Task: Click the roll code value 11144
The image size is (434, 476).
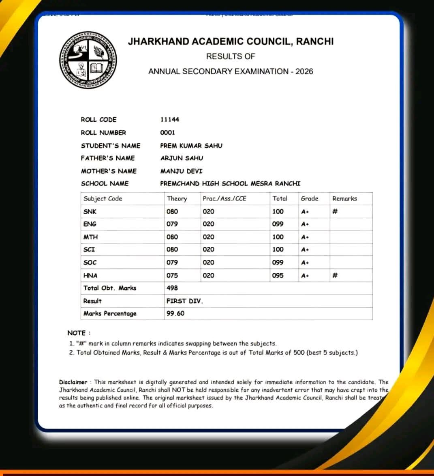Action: point(169,119)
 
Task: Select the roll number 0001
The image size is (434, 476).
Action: point(168,132)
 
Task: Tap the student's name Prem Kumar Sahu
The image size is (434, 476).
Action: point(191,145)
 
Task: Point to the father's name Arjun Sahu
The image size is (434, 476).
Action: point(182,158)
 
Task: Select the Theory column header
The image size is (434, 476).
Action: point(177,198)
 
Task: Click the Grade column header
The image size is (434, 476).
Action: point(309,198)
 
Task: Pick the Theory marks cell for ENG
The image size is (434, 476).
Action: point(172,224)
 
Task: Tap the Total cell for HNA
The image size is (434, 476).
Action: point(278,275)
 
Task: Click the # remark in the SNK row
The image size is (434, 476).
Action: point(335,211)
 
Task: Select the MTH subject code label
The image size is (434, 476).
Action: point(90,237)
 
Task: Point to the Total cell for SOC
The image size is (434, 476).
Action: point(278,262)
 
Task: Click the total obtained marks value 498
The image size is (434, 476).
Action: point(172,288)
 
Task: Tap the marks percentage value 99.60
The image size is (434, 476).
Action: point(175,313)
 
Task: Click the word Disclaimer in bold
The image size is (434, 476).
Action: point(73,382)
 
